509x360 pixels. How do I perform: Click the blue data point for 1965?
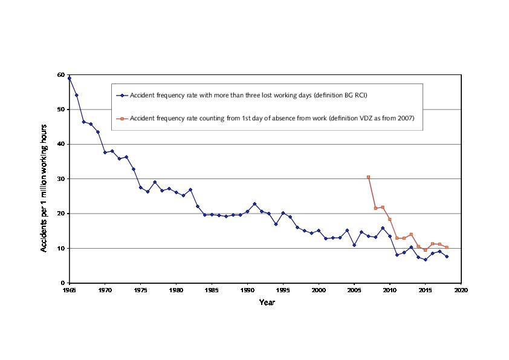[70, 78]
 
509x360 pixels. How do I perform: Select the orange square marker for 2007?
[368, 177]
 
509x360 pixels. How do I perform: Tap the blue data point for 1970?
[105, 152]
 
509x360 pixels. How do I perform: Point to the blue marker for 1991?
[254, 204]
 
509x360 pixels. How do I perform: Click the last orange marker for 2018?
[447, 247]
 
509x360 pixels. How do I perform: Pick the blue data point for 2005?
[354, 245]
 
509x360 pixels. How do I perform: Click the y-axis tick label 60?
[60, 75]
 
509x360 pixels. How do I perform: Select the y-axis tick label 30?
[60, 179]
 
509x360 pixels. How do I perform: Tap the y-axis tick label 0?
[62, 283]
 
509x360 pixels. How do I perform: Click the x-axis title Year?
[267, 302]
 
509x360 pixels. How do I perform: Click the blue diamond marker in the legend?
[122, 96]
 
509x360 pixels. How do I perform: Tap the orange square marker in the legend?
[122, 118]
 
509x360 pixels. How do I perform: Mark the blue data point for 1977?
[155, 182]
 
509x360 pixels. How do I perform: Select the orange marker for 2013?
[411, 234]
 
